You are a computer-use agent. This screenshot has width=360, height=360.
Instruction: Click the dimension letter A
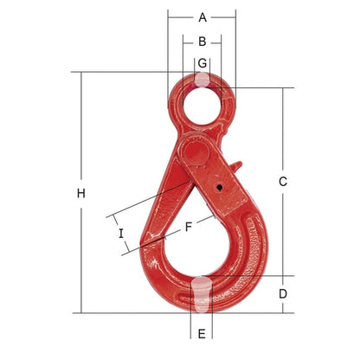click(202, 17)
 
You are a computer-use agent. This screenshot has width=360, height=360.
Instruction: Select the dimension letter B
click(202, 42)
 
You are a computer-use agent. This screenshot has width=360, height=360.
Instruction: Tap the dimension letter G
click(202, 62)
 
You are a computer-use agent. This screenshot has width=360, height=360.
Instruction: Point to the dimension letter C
click(283, 182)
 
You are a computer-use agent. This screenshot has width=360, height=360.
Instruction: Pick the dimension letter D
click(283, 293)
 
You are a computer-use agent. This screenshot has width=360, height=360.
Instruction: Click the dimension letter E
click(202, 334)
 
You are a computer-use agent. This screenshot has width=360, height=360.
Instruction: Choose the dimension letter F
click(188, 227)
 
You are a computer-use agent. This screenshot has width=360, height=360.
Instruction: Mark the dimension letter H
click(81, 193)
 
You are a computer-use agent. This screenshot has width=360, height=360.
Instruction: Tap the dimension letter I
click(121, 234)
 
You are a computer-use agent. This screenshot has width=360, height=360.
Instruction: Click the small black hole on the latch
click(220, 188)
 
